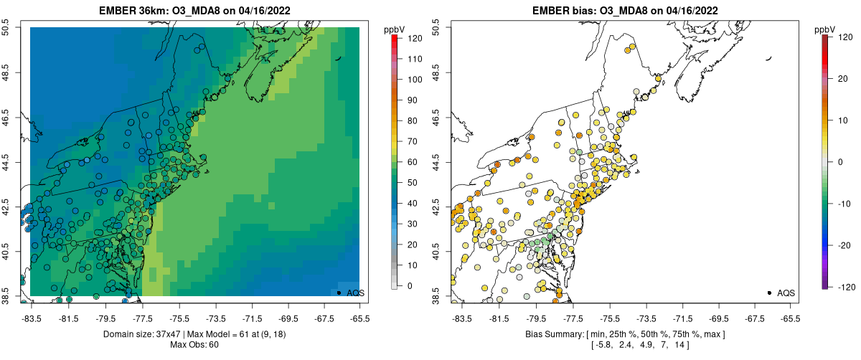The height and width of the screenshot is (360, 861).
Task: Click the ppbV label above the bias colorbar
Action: point(827,29)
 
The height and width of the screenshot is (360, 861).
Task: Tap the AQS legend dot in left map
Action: point(339,293)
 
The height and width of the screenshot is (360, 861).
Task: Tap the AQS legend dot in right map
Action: point(769,293)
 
